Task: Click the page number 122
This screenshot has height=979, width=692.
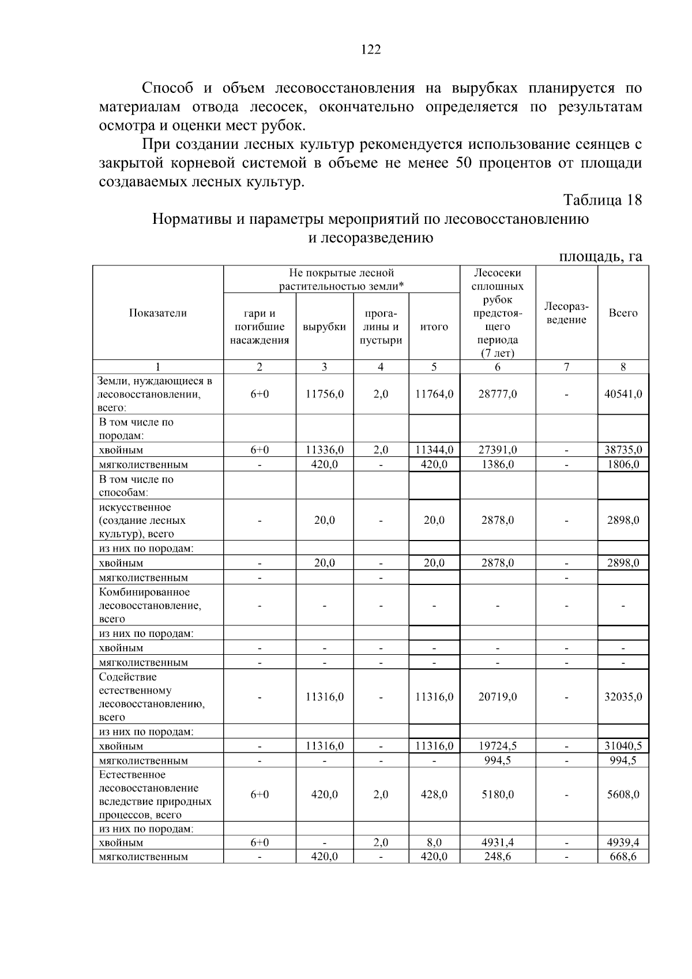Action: (371, 50)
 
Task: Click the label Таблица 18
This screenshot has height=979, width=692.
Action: (602, 200)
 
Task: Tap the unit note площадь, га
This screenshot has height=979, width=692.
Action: (600, 256)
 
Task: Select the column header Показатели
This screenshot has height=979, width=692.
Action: (158, 313)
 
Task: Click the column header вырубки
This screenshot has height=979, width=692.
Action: (324, 327)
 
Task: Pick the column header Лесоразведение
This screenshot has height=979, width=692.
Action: (566, 313)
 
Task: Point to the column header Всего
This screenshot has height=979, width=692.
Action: (623, 313)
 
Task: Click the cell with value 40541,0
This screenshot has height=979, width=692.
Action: (623, 394)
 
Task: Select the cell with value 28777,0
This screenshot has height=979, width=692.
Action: (498, 394)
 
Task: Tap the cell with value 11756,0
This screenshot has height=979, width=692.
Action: (324, 394)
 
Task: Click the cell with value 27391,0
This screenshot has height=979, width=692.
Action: (498, 450)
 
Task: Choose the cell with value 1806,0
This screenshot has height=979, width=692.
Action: (623, 464)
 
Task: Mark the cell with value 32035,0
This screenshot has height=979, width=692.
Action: (623, 697)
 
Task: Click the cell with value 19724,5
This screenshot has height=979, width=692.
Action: (498, 746)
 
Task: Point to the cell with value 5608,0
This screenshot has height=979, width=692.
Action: (623, 794)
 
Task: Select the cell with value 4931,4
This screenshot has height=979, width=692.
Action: (498, 842)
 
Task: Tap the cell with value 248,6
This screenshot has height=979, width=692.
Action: (498, 857)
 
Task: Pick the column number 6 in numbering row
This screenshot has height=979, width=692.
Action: (498, 367)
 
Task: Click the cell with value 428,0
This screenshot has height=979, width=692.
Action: (434, 794)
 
